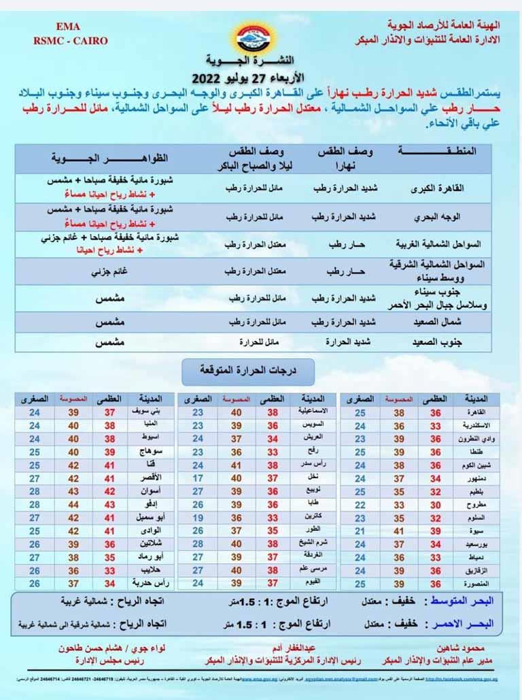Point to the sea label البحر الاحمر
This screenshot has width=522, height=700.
click(463, 622)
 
